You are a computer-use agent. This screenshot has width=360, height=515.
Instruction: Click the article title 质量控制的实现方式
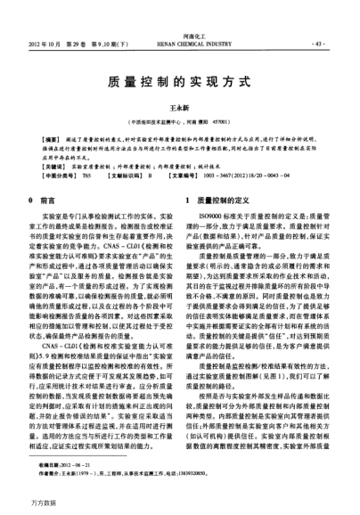tap(180, 80)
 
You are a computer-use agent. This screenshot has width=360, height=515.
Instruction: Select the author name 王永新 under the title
tap(180, 105)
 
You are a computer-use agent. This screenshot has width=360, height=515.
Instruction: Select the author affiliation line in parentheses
tap(180, 119)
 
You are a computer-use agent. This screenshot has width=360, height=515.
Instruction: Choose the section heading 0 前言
tap(48, 202)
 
